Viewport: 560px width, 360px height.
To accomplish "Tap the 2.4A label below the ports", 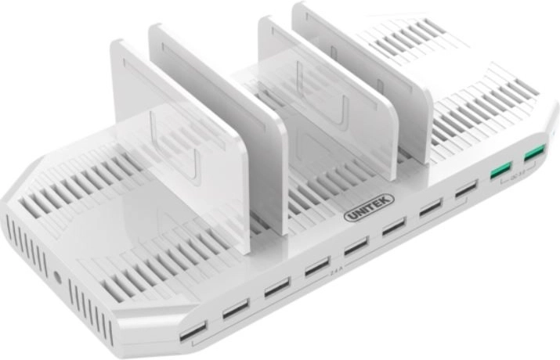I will coord(337,275).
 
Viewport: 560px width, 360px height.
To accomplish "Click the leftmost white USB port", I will coord(193,331).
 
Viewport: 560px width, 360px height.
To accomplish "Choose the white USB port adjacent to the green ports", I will coord(466,189).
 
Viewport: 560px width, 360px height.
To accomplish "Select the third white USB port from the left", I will coord(276,287).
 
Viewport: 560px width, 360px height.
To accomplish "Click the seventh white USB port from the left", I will coord(430,208).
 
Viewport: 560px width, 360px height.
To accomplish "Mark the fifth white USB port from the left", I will coord(356,247).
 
